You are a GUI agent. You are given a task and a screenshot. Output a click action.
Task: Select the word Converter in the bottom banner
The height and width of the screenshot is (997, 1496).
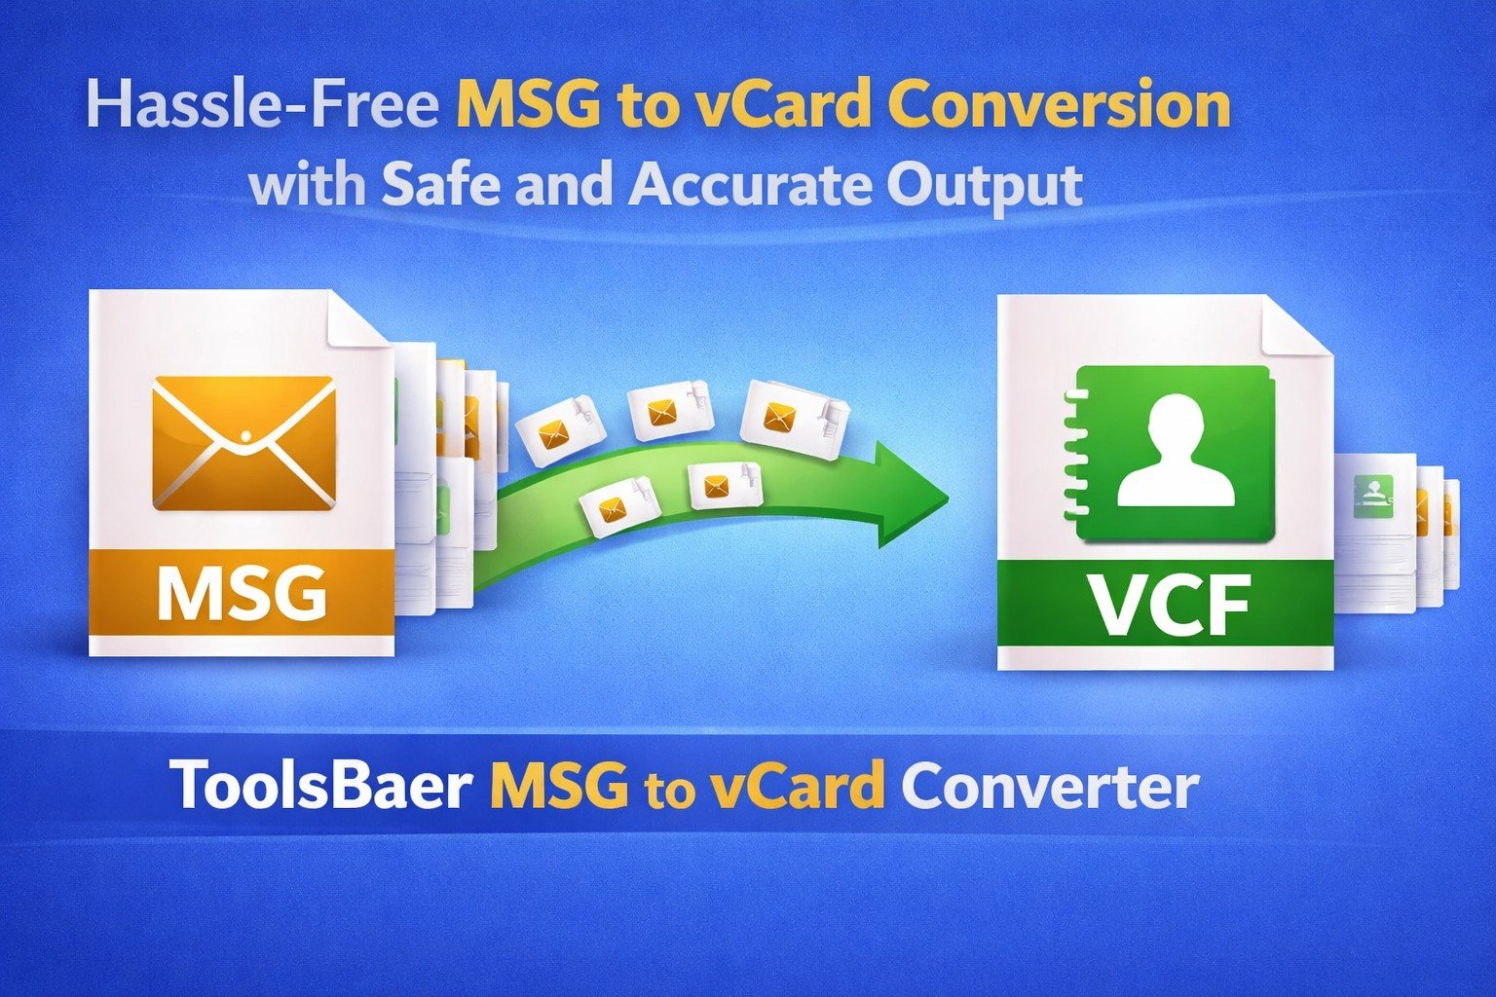tap(1049, 787)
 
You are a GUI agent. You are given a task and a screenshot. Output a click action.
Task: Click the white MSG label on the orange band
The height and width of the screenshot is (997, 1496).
tap(242, 592)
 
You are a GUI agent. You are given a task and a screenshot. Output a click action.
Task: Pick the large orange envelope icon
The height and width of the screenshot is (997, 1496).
tap(243, 443)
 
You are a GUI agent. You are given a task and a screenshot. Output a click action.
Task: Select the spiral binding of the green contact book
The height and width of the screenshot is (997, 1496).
tap(1072, 453)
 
